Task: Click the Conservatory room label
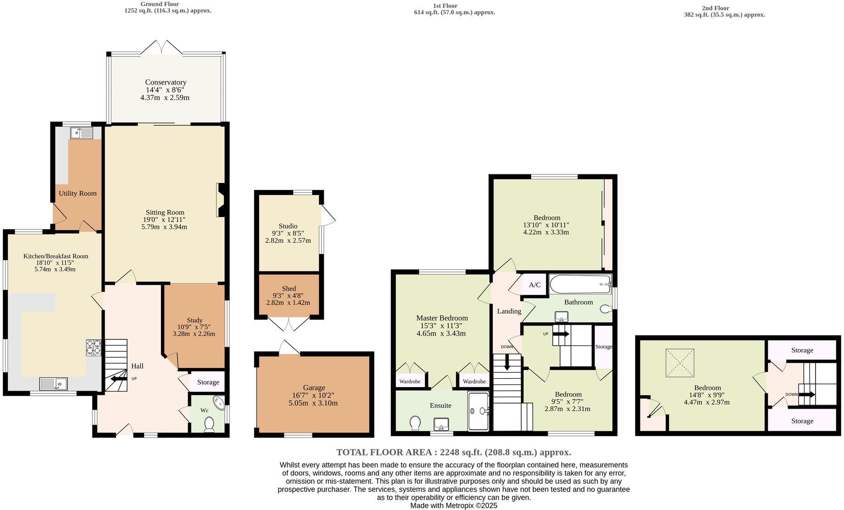(166, 83)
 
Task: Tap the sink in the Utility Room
(81, 133)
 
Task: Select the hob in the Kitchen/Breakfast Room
(94, 348)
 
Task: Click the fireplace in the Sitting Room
(221, 200)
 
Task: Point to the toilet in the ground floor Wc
(209, 424)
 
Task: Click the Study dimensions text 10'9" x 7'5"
(194, 327)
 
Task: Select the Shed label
(289, 288)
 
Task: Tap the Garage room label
(314, 388)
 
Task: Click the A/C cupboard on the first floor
(534, 285)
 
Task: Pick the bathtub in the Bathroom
(581, 285)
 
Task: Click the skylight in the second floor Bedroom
(680, 363)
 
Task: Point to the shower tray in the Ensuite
(478, 411)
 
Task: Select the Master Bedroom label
(442, 318)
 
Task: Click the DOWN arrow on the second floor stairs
(807, 394)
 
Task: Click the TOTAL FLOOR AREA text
(453, 452)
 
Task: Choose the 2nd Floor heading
(715, 8)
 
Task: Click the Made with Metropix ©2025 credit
(453, 505)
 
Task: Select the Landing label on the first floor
(509, 311)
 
